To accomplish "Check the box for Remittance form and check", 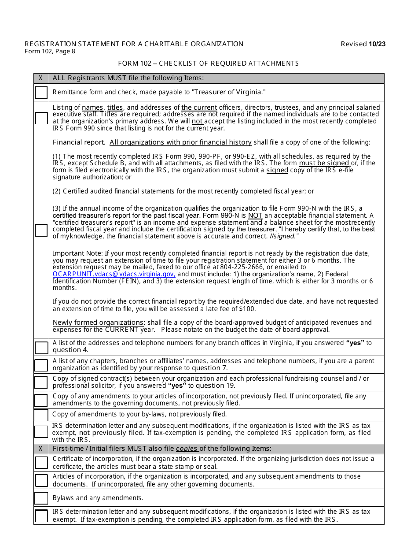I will pyautogui.click(x=41, y=93).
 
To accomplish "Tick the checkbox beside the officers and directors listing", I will pyautogui.click(x=41, y=118).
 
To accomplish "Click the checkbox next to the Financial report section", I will pyautogui.click(x=41, y=230).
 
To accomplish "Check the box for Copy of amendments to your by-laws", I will pyautogui.click(x=41, y=415).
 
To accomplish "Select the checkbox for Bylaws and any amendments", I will pyautogui.click(x=41, y=498).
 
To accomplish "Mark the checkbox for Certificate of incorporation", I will pyautogui.click(x=41, y=462).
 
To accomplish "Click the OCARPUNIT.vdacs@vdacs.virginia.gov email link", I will pyautogui.click(x=114, y=274).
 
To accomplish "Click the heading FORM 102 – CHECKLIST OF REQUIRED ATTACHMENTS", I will pyautogui.click(x=209, y=63).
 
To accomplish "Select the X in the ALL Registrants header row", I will pyautogui.click(x=41, y=78).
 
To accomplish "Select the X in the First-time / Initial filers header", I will pyautogui.click(x=41, y=449).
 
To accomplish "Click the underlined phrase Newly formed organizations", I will pyautogui.click(x=98, y=323).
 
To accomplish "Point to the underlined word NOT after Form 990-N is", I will pyautogui.click(x=255, y=215).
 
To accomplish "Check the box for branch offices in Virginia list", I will pyautogui.click(x=41, y=348).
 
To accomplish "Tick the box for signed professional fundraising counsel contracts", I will pyautogui.click(x=41, y=382).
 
